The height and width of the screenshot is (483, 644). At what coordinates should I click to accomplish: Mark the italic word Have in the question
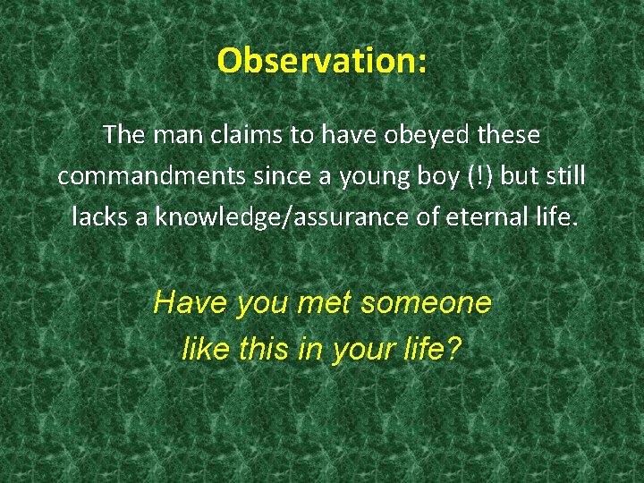190,303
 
